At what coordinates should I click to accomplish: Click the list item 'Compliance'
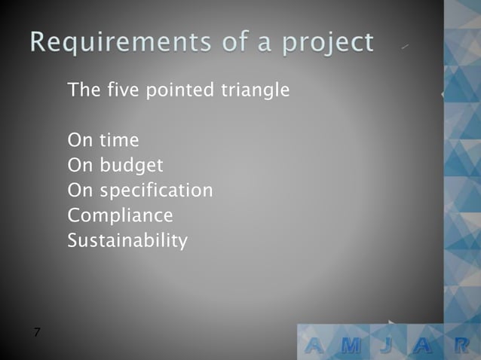pyautogui.click(x=120, y=216)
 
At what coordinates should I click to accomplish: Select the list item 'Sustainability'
pyautogui.click(x=127, y=242)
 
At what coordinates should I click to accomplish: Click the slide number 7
pyautogui.click(x=37, y=332)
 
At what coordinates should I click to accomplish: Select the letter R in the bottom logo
pyautogui.click(x=462, y=345)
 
